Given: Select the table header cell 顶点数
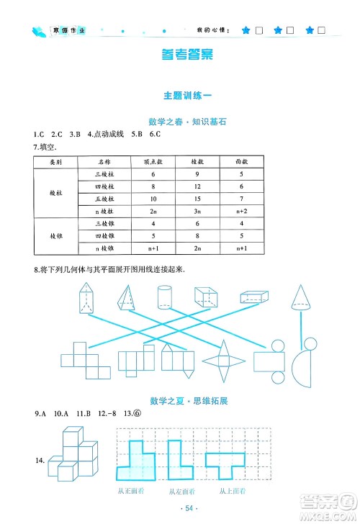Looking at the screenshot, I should (153, 163).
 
